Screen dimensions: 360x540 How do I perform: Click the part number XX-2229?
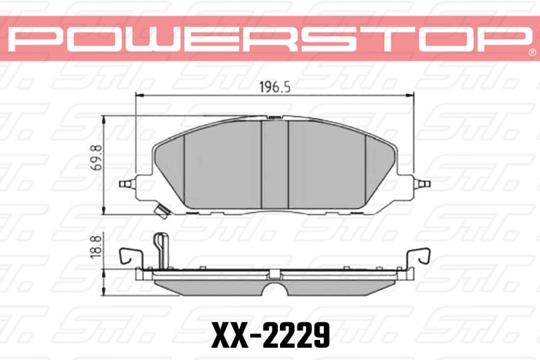270,334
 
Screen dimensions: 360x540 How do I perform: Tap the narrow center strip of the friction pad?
275,166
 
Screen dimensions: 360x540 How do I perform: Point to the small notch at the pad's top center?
275,118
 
